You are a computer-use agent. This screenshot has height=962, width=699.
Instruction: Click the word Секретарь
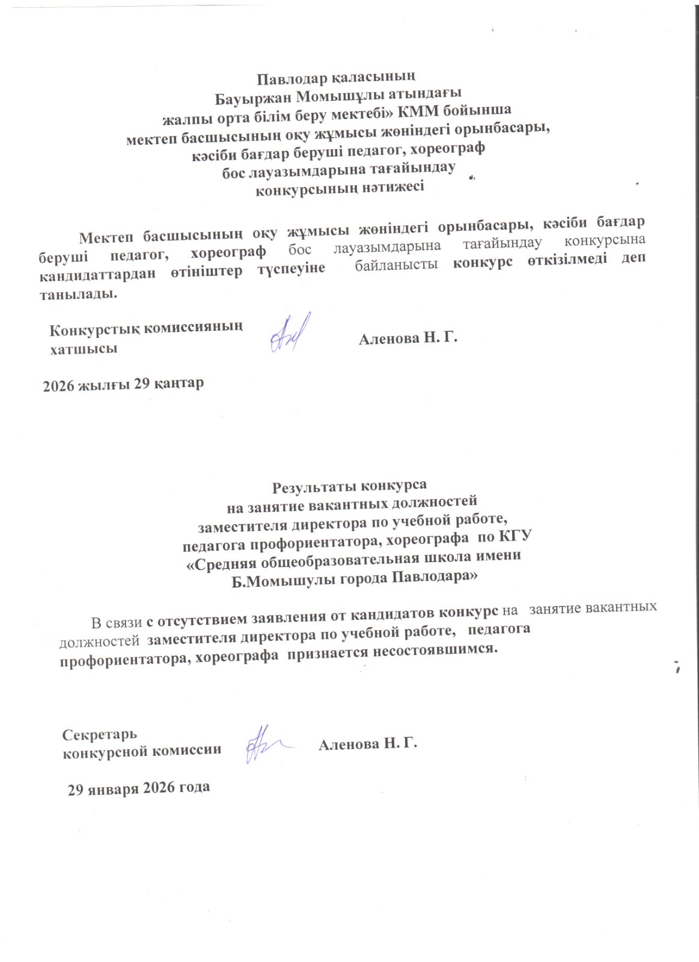click(100, 734)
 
